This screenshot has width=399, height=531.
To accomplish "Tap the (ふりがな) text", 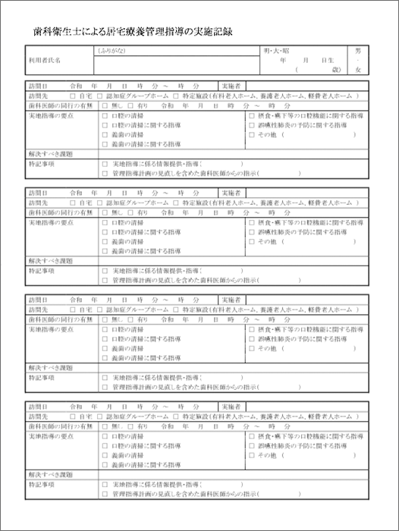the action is click(113, 51).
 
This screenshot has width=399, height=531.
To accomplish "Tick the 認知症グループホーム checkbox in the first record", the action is click(103, 96).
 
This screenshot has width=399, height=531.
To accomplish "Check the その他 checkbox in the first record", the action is click(252, 134).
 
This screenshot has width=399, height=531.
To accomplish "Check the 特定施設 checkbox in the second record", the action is click(176, 204).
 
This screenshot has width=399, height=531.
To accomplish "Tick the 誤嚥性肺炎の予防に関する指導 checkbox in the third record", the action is click(252, 339).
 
